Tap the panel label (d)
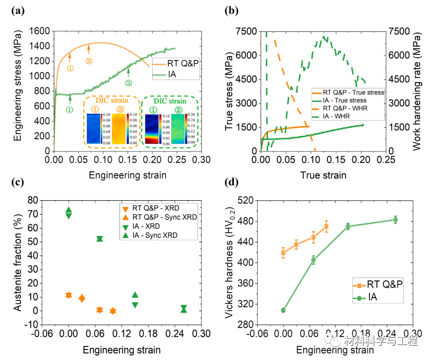(232, 182)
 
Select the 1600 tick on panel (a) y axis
(40, 31)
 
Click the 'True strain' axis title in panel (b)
(323, 175)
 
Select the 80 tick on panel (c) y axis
(47, 200)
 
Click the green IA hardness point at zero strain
(283, 310)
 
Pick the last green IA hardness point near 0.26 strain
(396, 220)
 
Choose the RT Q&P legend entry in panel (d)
(384, 284)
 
